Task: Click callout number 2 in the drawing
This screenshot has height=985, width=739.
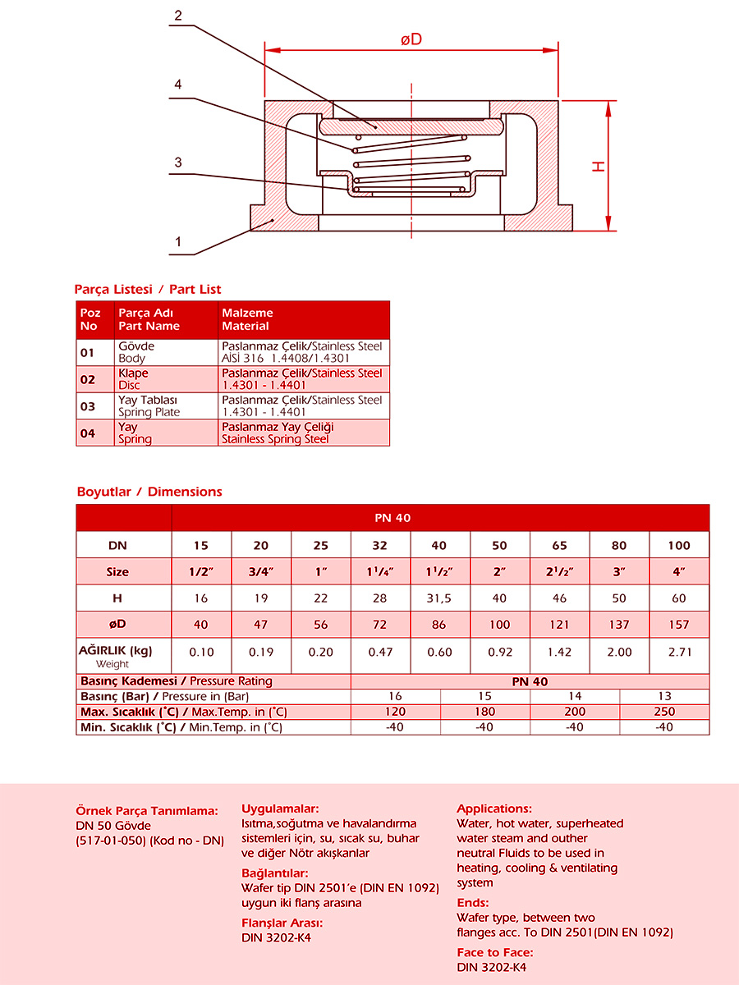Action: [178, 16]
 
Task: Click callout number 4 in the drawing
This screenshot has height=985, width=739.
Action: [177, 85]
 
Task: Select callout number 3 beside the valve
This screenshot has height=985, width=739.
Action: [177, 163]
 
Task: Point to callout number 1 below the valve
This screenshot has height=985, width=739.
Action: [177, 241]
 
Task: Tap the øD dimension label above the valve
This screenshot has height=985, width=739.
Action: [411, 39]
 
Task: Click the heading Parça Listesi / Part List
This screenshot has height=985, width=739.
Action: [148, 289]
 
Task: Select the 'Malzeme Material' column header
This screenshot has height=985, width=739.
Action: [247, 319]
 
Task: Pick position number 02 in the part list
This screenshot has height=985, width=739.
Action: [88, 379]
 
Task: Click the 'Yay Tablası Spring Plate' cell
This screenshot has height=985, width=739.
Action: [149, 406]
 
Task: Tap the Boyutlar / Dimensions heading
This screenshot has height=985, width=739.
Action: [149, 492]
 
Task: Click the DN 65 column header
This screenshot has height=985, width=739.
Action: [559, 545]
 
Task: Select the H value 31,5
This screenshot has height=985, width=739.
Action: [439, 598]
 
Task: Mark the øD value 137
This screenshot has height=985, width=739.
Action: [619, 625]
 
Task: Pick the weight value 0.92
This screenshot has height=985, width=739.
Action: [499, 652]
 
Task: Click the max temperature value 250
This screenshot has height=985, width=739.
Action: [664, 712]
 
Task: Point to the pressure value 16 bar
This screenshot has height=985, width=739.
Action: [395, 696]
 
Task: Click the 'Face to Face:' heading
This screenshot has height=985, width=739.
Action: [495, 952]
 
